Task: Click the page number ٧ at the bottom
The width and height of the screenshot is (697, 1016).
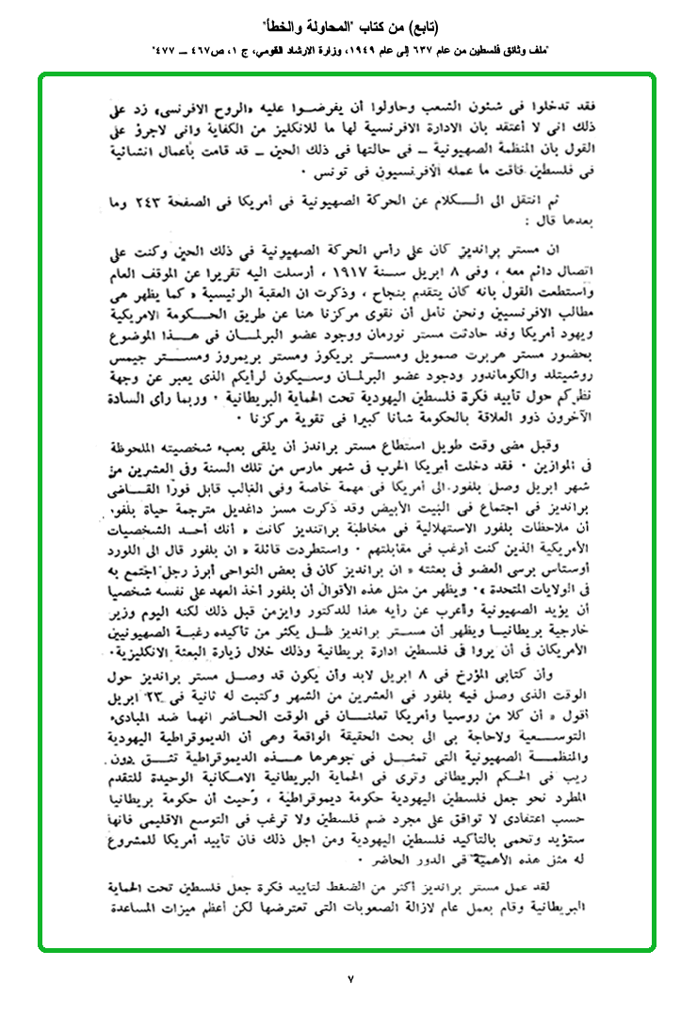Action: pos(348,979)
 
